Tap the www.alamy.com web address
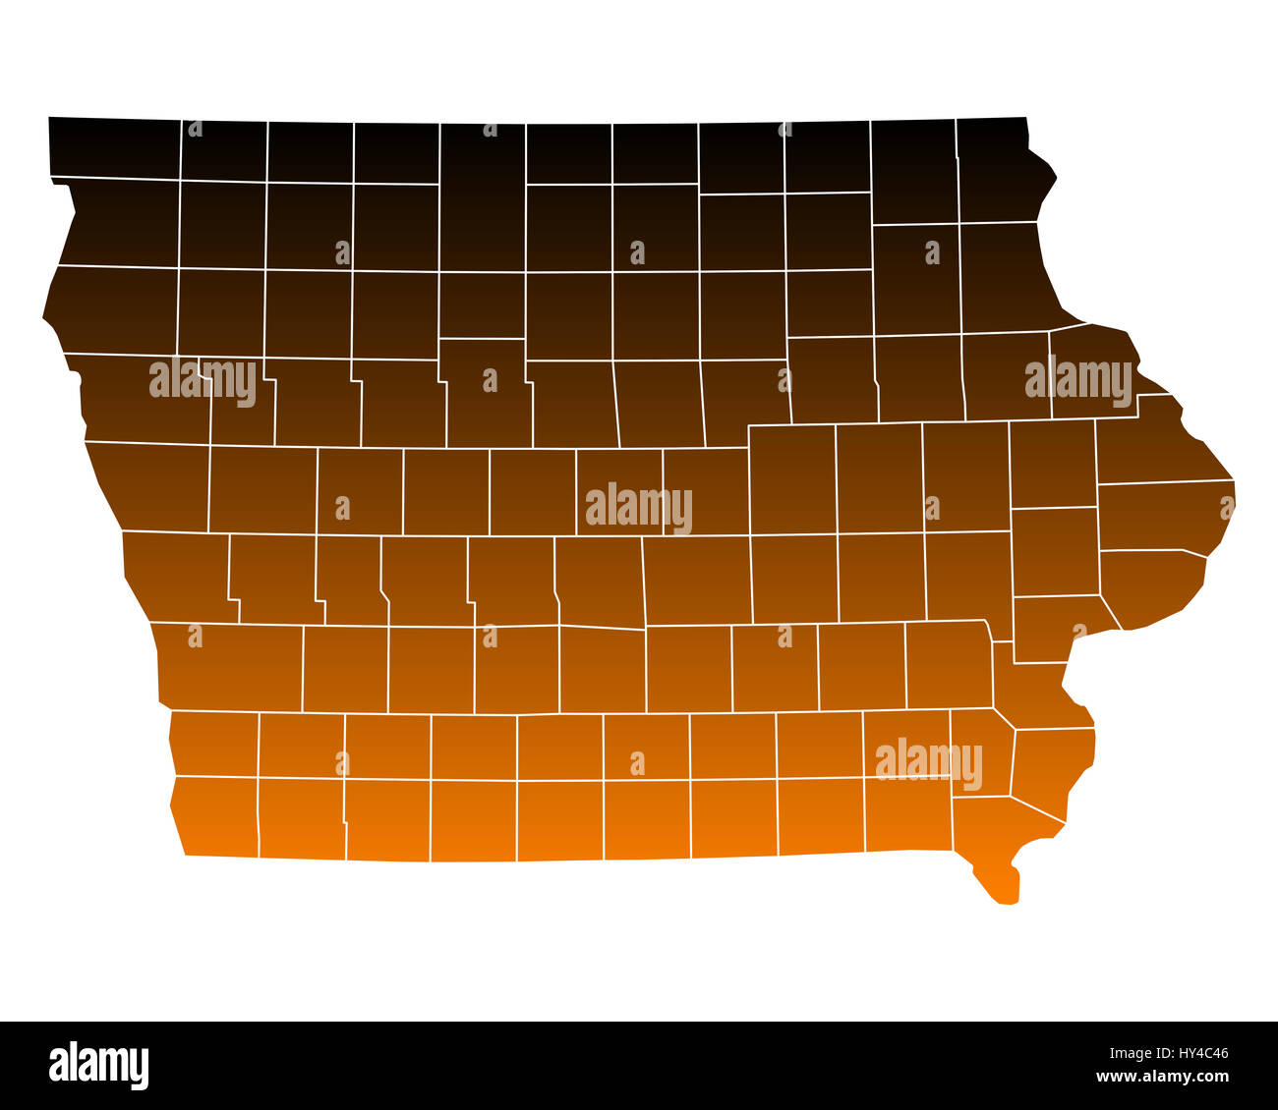[x=1165, y=1077]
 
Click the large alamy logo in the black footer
[x=99, y=1066]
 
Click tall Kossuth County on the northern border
[x=482, y=231]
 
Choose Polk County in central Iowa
[x=600, y=580]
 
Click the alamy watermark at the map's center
[x=639, y=507]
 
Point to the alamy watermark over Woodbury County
[x=203, y=380]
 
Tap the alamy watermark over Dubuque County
[x=1078, y=380]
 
